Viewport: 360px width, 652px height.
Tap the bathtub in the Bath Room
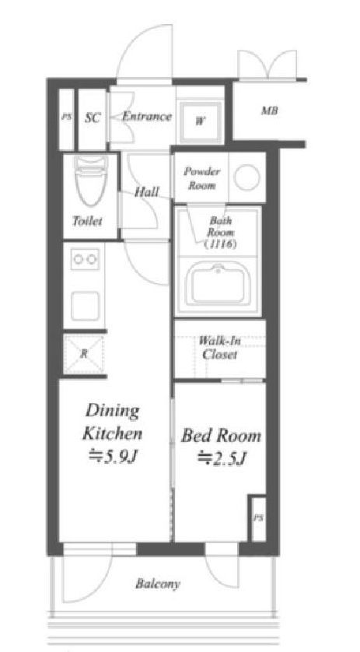219,285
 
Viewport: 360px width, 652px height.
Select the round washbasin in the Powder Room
246,177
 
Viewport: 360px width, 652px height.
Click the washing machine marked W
201,121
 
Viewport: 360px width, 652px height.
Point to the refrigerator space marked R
84,354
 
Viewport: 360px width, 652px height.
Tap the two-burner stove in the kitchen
85,259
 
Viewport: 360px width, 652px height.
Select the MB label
269,111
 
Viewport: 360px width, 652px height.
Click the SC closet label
93,118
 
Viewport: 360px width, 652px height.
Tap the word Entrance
147,117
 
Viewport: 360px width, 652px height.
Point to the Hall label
147,192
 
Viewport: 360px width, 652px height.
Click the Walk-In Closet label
219,347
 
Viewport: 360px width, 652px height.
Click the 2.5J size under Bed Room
228,458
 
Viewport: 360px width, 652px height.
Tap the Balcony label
158,584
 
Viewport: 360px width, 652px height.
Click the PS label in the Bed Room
259,518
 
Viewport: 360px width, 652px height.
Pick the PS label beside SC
67,117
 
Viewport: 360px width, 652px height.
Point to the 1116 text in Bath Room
220,244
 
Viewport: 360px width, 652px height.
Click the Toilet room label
87,220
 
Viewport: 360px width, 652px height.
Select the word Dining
112,412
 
